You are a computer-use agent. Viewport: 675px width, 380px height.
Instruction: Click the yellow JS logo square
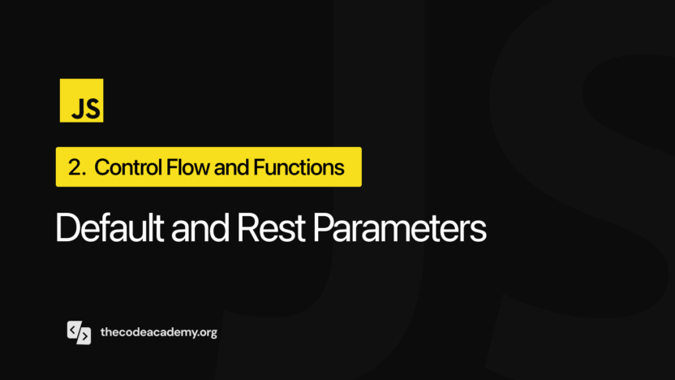coord(81,100)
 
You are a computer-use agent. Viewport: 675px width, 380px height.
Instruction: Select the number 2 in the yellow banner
coord(75,168)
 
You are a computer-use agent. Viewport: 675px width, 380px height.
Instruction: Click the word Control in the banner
coord(122,168)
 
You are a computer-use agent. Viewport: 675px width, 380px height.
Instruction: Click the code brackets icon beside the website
coord(79,333)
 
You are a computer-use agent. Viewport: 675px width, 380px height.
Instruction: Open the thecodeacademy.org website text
coord(158,333)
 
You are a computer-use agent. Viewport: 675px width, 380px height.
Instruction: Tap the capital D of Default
coord(67,228)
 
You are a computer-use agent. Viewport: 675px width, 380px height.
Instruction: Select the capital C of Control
coord(102,168)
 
